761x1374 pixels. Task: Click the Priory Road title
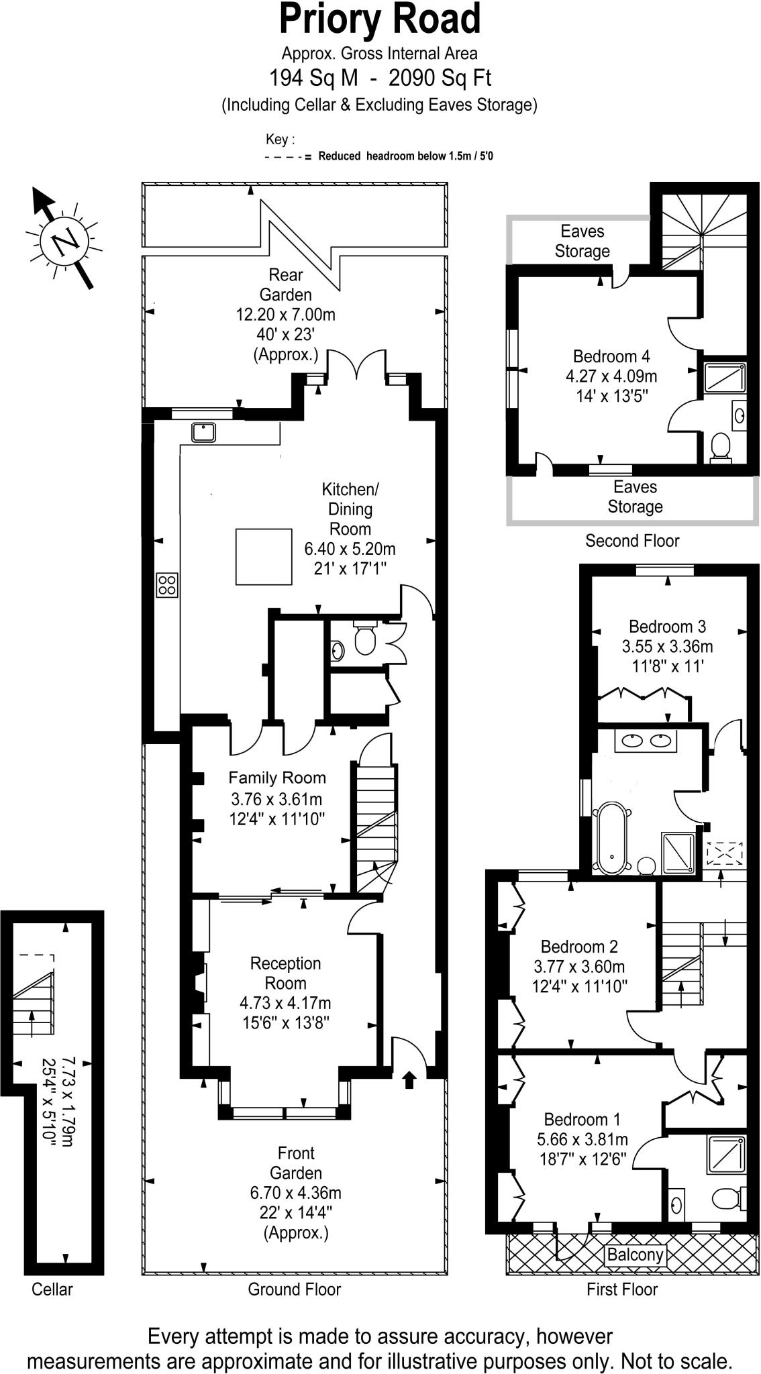coord(380,19)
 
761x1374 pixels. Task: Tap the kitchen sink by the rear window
coord(203,431)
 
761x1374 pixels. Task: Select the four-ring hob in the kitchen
coord(167,584)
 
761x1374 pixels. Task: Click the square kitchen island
coord(264,556)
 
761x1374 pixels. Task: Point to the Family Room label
coord(276,778)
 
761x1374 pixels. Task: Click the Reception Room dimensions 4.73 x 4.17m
coord(285,1003)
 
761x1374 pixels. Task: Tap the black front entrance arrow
coord(409,1079)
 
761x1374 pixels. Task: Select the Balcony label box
coord(634,1255)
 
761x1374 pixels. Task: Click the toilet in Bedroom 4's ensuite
coord(720,447)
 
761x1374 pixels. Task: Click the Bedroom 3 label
coord(666,627)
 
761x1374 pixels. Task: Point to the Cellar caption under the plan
coord(52,1289)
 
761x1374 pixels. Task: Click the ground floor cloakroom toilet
coord(365,640)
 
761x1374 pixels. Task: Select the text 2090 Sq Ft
coord(440,78)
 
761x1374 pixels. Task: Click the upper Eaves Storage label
coord(582,241)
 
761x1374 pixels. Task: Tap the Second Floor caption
coord(631,541)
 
